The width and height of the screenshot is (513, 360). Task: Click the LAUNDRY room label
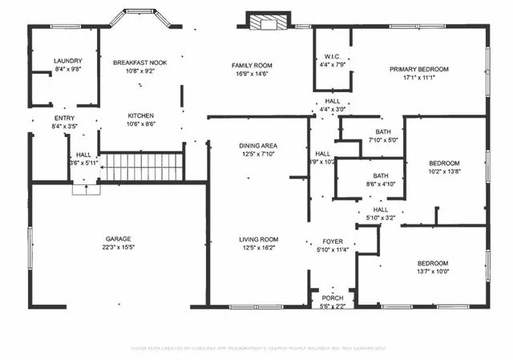pos(67,61)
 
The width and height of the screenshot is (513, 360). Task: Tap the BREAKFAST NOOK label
pos(140,62)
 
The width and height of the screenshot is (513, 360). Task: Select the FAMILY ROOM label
pos(252,65)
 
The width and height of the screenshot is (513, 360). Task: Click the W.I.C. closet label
pos(332,56)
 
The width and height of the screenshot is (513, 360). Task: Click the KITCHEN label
pos(140,115)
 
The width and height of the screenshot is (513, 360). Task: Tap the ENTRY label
pos(63,119)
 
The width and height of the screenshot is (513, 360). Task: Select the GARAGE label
pos(118,239)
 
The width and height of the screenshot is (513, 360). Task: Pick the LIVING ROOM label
pos(258,239)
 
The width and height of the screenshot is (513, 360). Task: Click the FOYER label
pos(333,240)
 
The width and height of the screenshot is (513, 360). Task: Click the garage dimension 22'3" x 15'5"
pos(118,248)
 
